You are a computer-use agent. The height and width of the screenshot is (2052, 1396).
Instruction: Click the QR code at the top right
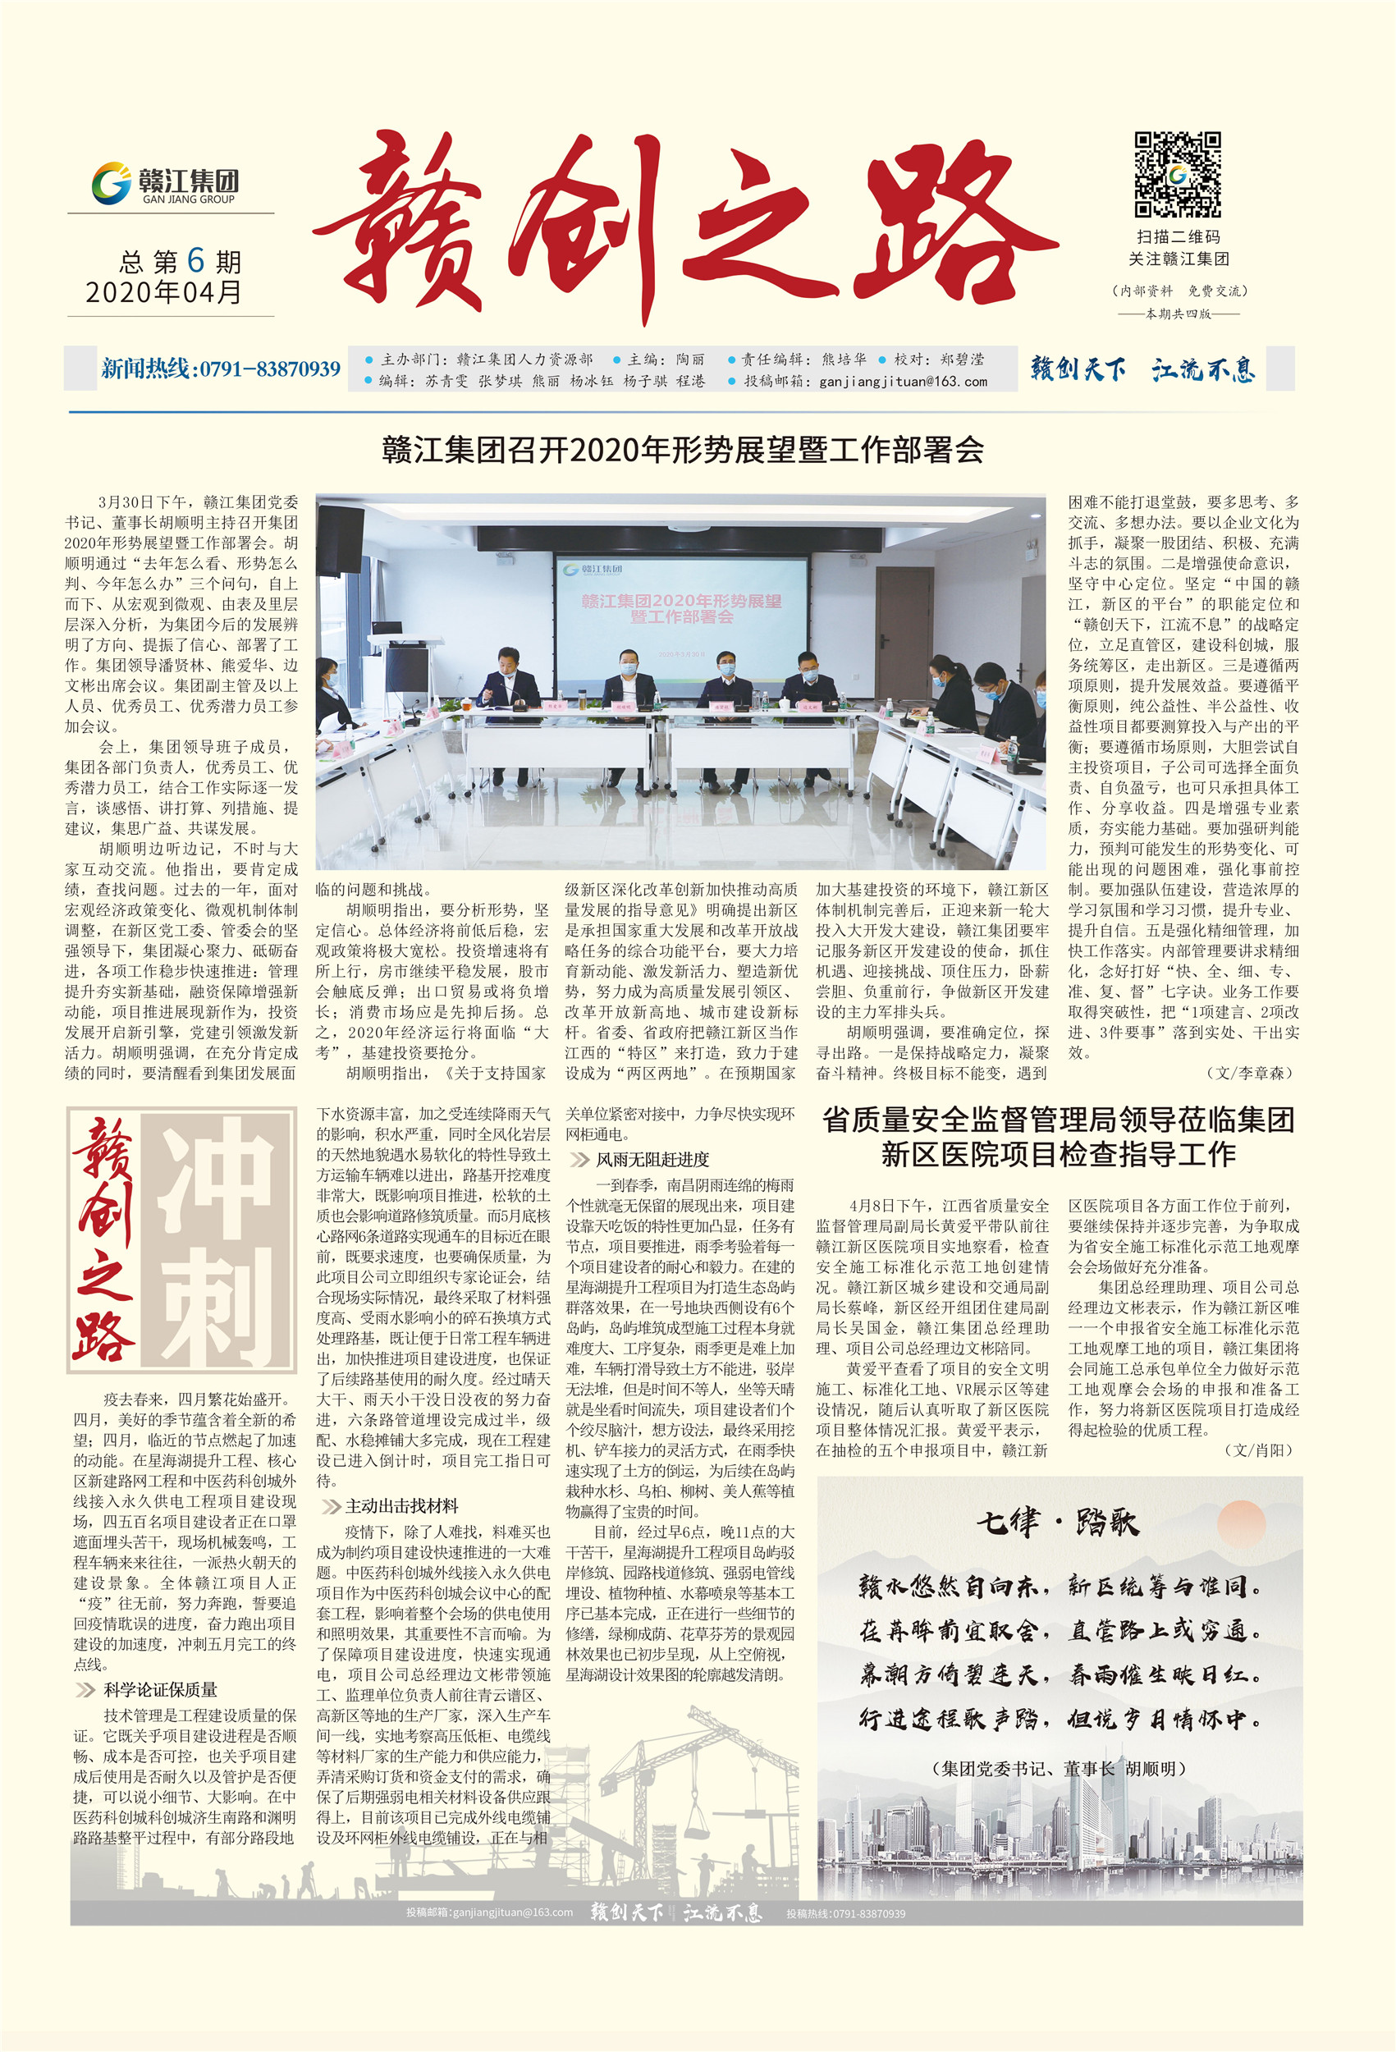point(1177,175)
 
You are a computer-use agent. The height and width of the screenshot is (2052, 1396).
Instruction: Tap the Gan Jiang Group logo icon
point(112,184)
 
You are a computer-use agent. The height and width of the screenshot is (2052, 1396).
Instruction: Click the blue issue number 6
point(195,260)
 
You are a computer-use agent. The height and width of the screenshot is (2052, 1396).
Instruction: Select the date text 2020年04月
point(164,292)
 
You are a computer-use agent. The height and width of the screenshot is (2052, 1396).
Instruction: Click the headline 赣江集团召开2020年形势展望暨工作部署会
point(683,451)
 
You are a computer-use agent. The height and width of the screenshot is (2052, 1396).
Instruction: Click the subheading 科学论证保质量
point(160,1689)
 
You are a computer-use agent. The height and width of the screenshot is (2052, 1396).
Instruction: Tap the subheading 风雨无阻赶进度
point(652,1159)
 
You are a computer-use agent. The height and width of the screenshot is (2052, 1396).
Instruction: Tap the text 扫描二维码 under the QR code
point(1178,236)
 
